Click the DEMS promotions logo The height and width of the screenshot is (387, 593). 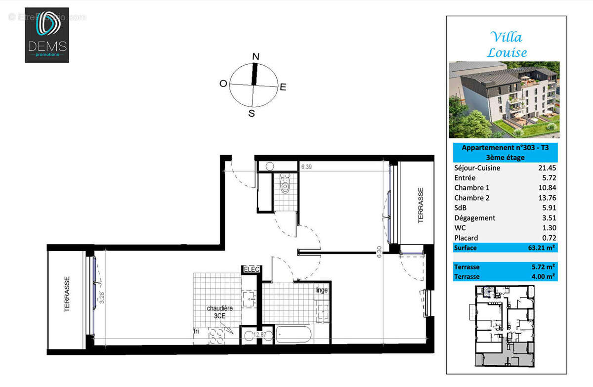tap(47, 35)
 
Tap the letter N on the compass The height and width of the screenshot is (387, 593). tap(255, 56)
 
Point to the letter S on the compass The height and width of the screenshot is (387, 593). tap(252, 114)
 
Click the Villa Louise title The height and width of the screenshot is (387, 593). tap(507, 44)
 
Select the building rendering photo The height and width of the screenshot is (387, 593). tap(504, 99)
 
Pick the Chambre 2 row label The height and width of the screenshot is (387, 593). tap(472, 198)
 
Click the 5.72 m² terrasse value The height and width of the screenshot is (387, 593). tap(543, 267)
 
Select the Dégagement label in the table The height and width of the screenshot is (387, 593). tap(474, 218)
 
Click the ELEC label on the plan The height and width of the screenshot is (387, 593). tap(251, 270)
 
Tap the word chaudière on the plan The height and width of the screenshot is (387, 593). tap(220, 308)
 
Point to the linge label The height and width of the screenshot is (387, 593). tap(322, 290)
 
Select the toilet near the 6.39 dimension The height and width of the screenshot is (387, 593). tap(284, 186)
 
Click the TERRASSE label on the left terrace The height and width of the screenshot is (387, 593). tap(67, 294)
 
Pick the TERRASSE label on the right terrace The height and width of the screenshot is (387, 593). tap(421, 205)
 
